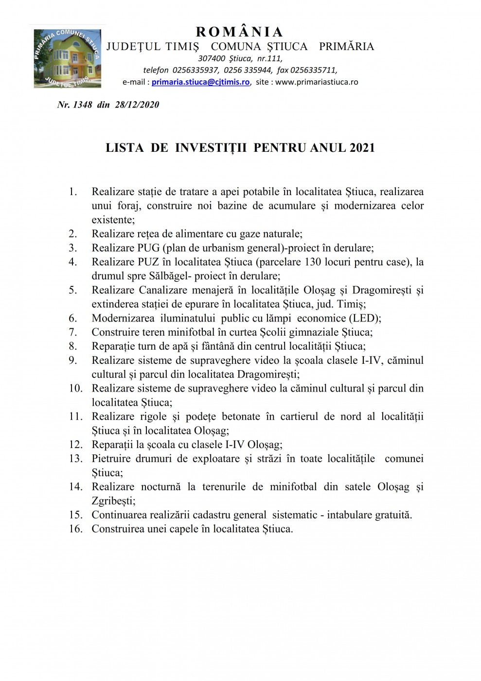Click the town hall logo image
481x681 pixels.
[67, 58]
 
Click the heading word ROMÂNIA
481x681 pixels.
[239, 32]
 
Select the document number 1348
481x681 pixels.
[83, 105]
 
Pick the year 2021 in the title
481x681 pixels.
[362, 148]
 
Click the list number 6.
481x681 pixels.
[73, 319]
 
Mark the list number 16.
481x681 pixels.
[75, 529]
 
